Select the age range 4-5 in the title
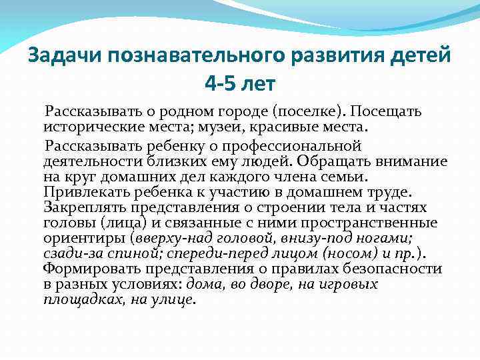221,85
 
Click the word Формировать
87,269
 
